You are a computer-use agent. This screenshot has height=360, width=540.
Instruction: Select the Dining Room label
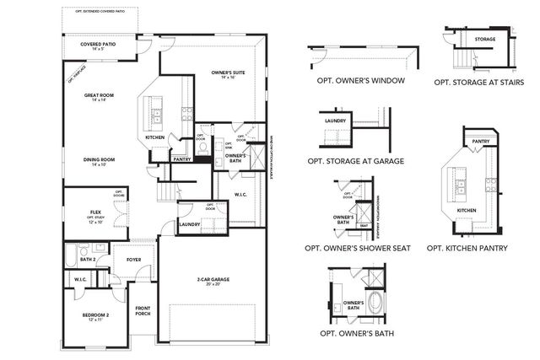99,161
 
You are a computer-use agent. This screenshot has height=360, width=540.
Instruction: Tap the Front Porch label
142,311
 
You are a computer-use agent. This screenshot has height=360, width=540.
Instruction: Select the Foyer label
133,260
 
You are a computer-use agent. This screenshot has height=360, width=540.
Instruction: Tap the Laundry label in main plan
188,224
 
